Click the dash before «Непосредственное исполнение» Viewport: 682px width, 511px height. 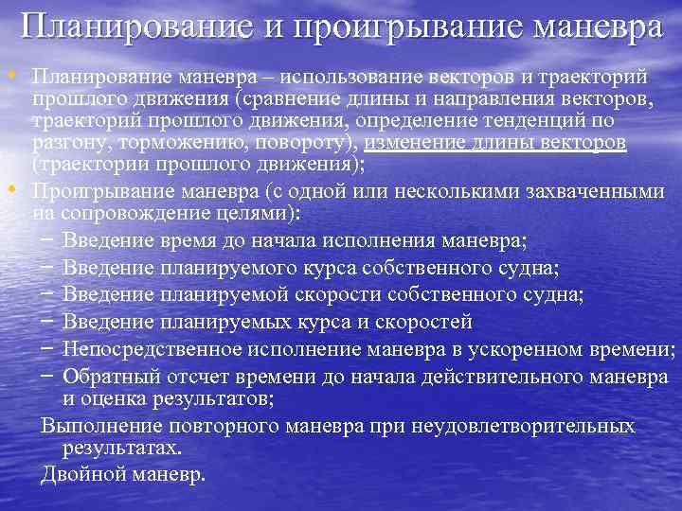(46, 348)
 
